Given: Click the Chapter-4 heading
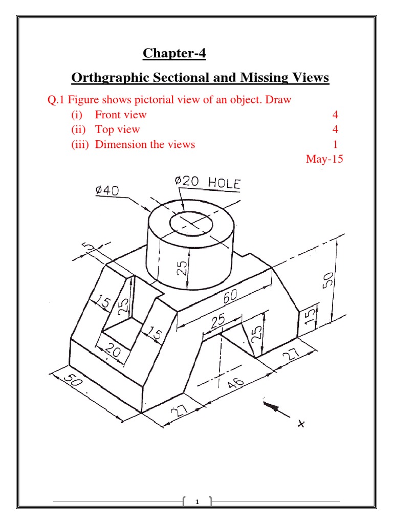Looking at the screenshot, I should (174, 53).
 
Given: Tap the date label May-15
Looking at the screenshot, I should (324, 159).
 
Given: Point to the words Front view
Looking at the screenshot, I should (121, 115).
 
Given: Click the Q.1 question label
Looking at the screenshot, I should (56, 100).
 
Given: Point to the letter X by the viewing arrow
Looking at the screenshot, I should (302, 423).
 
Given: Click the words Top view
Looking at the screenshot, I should (117, 129).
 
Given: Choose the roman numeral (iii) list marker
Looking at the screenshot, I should (80, 144).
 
